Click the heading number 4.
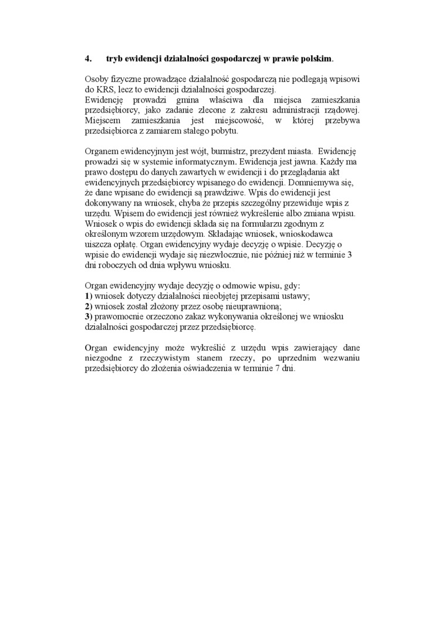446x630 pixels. (x=88, y=59)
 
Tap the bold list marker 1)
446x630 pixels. (x=89, y=297)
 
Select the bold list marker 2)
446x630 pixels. (x=89, y=307)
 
